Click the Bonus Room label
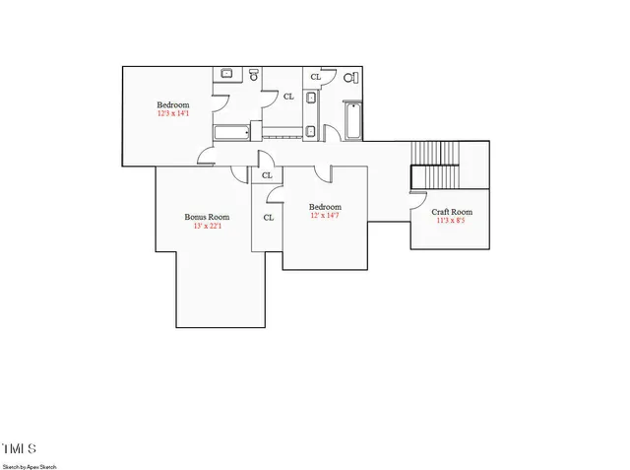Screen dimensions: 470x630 207,217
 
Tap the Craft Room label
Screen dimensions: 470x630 453,212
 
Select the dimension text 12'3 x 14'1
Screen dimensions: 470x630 172,113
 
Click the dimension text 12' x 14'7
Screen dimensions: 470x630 325,216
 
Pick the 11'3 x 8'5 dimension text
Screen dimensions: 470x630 453,221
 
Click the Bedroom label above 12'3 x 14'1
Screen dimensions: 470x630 172,104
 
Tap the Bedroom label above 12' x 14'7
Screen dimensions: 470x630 325,207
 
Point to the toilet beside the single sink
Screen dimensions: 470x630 253,75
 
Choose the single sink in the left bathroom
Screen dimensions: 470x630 225,73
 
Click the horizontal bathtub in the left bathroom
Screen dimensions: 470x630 232,132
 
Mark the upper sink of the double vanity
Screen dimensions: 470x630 310,98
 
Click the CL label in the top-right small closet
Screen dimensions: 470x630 315,76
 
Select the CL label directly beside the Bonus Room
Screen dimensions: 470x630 267,218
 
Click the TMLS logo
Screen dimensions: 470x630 19,449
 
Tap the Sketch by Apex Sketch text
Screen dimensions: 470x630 30,465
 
